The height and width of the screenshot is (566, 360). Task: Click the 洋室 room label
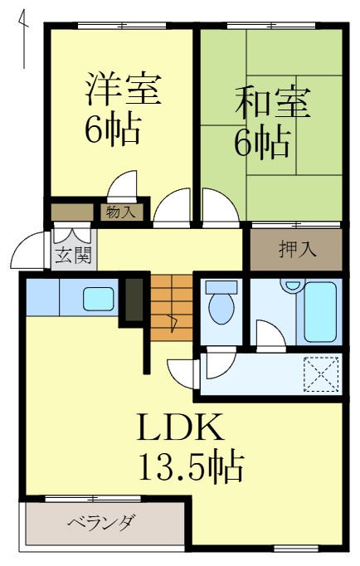click(x=121, y=90)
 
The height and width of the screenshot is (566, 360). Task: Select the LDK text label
click(x=180, y=429)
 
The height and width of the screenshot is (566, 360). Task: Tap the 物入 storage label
click(x=121, y=212)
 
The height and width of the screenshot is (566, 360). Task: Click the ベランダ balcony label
click(x=100, y=523)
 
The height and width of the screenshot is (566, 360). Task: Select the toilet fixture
click(x=221, y=304)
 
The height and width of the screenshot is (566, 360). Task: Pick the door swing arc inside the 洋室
click(x=125, y=185)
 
